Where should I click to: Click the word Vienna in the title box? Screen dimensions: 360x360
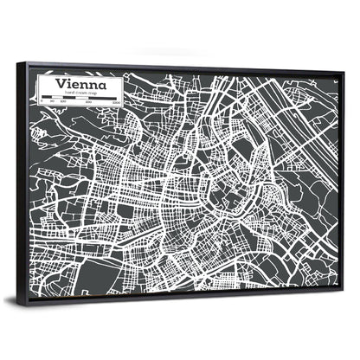pyautogui.click(x=81, y=84)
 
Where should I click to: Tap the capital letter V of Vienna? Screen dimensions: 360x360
pyautogui.click(x=60, y=83)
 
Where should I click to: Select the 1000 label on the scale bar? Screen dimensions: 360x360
pyautogui.click(x=115, y=103)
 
